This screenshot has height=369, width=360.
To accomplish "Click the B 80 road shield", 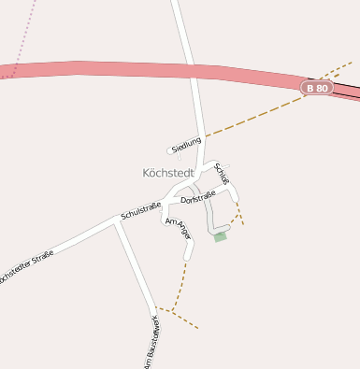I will [317, 88].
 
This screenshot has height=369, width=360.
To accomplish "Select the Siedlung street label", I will [187, 142].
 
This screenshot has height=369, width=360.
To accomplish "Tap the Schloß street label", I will [222, 173].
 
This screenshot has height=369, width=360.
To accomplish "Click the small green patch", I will [221, 237].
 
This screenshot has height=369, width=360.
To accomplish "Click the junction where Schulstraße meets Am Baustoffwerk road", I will [117, 220].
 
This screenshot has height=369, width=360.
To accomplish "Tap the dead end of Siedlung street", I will [169, 149].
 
